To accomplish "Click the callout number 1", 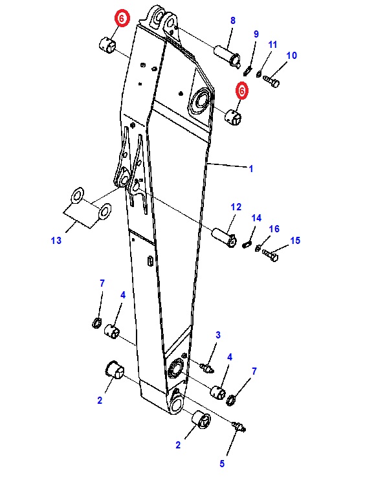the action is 251,168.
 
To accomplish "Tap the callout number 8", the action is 233,20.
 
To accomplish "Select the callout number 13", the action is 56,241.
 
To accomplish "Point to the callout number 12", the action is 236,207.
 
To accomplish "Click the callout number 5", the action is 222,464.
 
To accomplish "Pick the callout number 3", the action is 218,335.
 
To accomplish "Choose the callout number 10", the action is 292,56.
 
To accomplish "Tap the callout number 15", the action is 295,241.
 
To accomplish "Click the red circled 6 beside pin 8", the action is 242,91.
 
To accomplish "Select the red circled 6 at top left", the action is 122,18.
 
